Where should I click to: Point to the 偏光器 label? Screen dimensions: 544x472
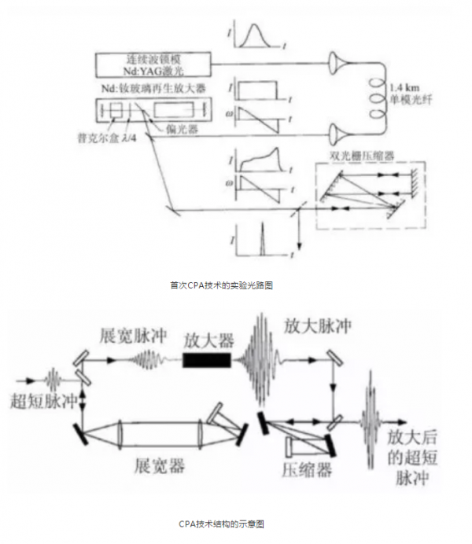click(182, 127)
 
